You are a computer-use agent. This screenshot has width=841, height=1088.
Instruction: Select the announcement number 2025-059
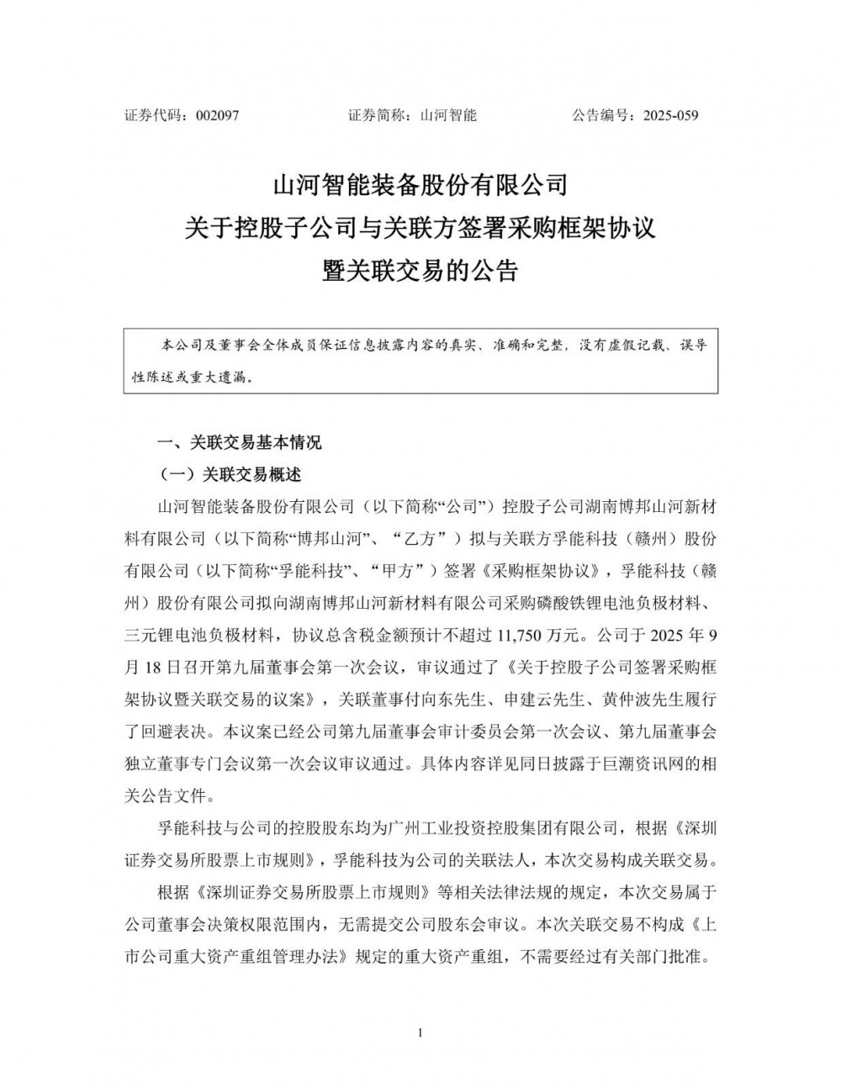670,116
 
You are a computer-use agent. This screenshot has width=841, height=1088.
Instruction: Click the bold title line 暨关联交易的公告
420,271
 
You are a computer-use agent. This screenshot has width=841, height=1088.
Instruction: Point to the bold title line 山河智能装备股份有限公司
420,183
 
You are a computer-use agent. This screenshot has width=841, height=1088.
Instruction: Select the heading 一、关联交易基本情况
241,442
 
